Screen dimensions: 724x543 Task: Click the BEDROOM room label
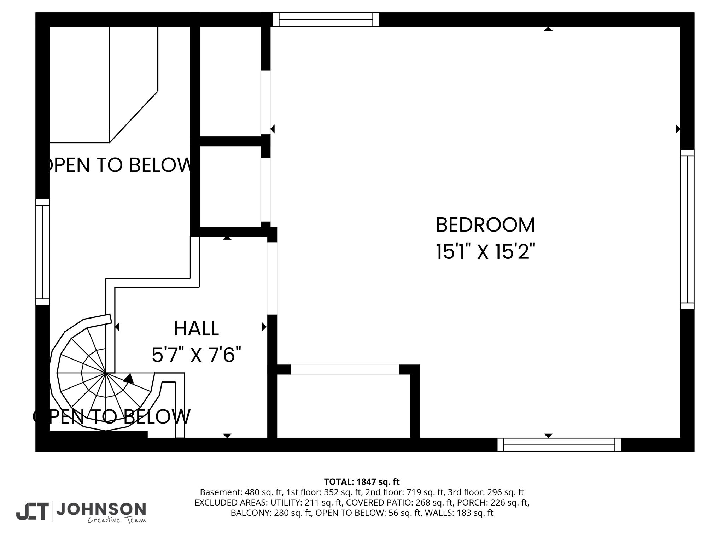pyautogui.click(x=485, y=225)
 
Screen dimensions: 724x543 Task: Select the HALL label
pyautogui.click(x=196, y=328)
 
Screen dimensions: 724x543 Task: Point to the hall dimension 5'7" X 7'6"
pyautogui.click(x=197, y=355)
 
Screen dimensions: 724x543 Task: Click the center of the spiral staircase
pyautogui.click(x=106, y=373)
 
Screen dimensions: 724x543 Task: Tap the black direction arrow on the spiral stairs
pyautogui.click(x=129, y=379)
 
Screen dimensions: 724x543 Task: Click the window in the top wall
pyautogui.click(x=326, y=20)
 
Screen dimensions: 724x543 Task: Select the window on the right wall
pyautogui.click(x=687, y=229)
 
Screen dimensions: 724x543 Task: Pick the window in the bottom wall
pyautogui.click(x=559, y=445)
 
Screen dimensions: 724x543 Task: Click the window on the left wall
pyautogui.click(x=42, y=252)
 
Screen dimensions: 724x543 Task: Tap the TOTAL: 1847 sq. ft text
pyautogui.click(x=362, y=481)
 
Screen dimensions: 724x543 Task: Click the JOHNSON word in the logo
pyautogui.click(x=101, y=509)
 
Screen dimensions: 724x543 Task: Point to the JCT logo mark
pyautogui.click(x=32, y=512)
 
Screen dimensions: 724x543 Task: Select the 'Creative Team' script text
pyautogui.click(x=117, y=520)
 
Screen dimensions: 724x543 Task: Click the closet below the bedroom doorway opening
pyautogui.click(x=343, y=406)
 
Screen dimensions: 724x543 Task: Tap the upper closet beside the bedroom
pyautogui.click(x=230, y=81)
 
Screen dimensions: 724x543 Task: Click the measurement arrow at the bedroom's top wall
pyautogui.click(x=548, y=29)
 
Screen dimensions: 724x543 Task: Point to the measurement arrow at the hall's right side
pyautogui.click(x=264, y=327)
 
